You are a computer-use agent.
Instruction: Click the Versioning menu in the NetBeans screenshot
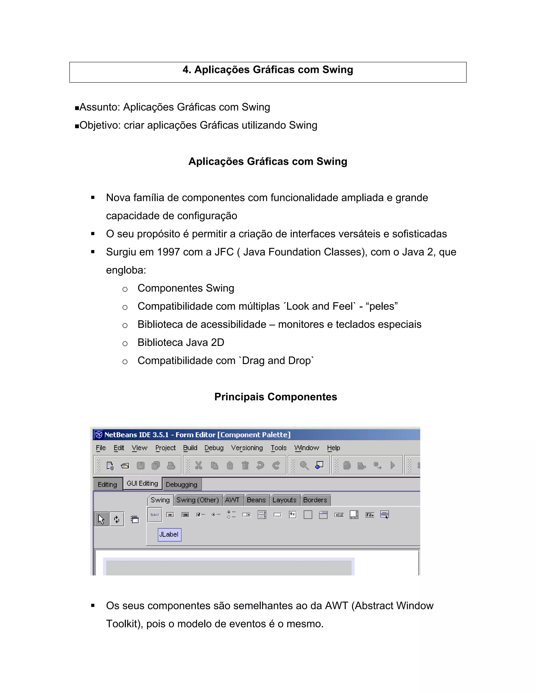pos(247,448)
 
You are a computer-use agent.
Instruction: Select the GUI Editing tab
pos(142,484)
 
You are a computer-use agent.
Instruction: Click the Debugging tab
pos(181,485)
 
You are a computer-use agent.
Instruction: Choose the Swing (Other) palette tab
pos(198,500)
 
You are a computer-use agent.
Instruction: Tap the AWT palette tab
pos(232,500)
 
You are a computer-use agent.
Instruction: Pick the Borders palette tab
pos(315,500)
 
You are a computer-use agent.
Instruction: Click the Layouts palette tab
pos(284,500)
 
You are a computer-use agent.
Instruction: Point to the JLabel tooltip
pos(169,534)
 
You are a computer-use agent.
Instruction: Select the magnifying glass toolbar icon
pos(304,465)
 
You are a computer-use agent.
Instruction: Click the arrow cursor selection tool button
pos(101,519)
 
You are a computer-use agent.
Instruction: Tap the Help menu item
pos(333,448)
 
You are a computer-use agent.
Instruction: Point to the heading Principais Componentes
pos(275,397)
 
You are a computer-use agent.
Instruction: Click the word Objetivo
pos(99,125)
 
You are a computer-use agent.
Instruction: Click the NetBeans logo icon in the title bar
pos(99,434)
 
